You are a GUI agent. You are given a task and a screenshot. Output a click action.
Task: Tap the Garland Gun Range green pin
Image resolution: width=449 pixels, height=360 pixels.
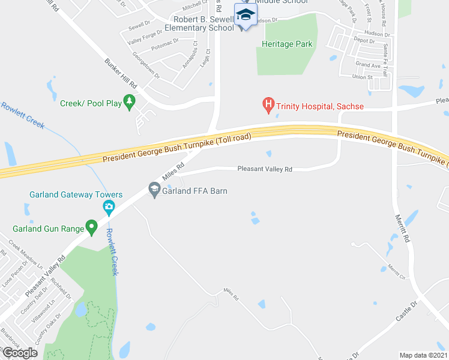tap(91, 227)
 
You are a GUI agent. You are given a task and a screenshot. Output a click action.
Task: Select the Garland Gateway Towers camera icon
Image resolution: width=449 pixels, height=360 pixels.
tap(109, 208)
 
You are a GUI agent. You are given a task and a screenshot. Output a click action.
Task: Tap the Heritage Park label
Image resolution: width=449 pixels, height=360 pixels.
tap(288, 44)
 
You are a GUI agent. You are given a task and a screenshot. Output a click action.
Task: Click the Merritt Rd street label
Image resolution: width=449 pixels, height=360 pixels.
tap(402, 228)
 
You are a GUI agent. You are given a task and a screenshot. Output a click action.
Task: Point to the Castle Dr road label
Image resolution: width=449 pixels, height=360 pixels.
tap(407, 324)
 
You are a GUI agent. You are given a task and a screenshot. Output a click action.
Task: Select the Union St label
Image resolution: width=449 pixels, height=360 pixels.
tap(363, 77)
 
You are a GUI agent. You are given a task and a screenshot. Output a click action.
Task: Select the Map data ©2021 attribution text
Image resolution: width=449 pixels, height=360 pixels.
tap(424, 355)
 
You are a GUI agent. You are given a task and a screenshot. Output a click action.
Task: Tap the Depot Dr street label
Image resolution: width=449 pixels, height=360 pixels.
tap(364, 41)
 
